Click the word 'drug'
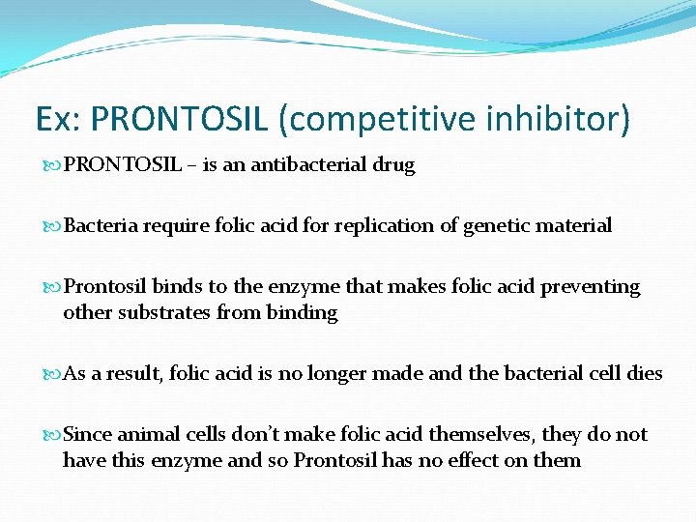click(x=394, y=165)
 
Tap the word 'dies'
click(x=645, y=373)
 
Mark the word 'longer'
click(x=337, y=373)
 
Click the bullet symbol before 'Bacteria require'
click(x=51, y=226)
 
